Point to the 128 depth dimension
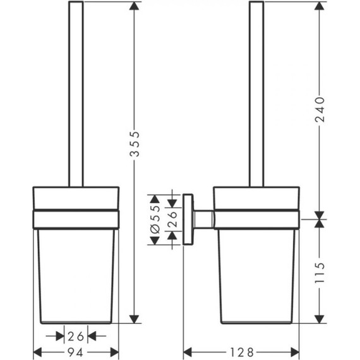click(x=241, y=351)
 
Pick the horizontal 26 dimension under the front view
click(x=76, y=335)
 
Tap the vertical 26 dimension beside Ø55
click(x=170, y=219)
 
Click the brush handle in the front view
click(x=76, y=95)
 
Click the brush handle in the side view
click(x=256, y=95)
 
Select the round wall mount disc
click(x=188, y=219)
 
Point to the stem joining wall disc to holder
click(x=203, y=219)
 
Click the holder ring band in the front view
click(x=76, y=219)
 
